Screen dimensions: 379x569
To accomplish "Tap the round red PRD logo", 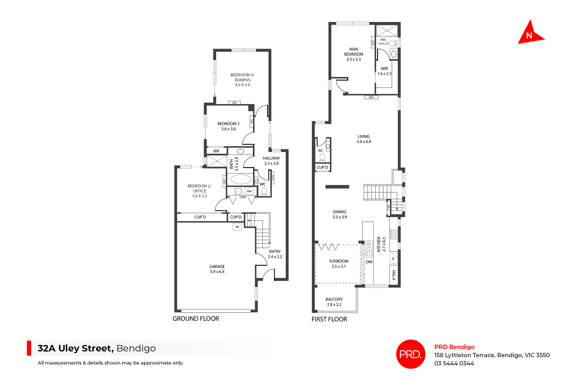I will (410, 354).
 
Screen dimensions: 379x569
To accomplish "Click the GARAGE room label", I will (217, 269).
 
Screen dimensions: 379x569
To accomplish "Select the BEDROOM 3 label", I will (228, 126).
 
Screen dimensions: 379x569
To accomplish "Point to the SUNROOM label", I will (338, 264).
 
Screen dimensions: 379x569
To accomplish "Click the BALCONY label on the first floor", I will (334, 302).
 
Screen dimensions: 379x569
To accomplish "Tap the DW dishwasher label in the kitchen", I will (369, 262).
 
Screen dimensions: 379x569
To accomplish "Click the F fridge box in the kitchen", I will (393, 259).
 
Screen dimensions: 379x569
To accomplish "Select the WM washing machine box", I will (249, 191).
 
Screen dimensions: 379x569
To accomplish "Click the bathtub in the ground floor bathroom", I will (241, 179).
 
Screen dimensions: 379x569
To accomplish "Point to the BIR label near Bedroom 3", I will (216, 151).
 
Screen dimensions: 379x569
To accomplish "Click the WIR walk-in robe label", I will (384, 71).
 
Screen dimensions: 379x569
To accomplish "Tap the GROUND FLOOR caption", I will (196, 319).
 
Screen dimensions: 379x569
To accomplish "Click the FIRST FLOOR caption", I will (329, 319).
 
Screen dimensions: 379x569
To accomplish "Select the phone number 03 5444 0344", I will (454, 363).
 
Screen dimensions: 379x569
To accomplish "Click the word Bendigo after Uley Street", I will (136, 348).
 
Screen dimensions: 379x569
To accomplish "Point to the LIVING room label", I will (364, 139).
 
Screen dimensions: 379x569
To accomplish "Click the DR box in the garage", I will (237, 227).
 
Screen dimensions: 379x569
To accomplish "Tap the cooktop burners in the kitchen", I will (394, 234).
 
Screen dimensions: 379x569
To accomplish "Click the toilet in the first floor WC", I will (322, 157).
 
